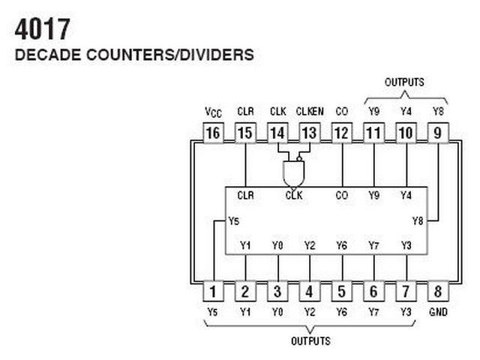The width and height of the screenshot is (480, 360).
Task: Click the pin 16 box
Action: coord(213,133)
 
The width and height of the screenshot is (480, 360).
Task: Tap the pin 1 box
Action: coord(213,291)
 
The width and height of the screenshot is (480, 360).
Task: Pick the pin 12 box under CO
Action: coord(342,133)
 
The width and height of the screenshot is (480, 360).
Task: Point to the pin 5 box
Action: coord(342,291)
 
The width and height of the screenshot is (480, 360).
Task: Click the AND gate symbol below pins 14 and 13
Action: coord(293,173)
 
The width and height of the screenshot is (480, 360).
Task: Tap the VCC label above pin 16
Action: coord(213,112)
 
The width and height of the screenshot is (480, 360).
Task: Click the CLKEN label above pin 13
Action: coord(310,112)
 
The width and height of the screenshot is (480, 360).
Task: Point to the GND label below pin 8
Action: coord(439,311)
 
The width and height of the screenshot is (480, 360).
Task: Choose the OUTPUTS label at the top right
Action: coord(404,82)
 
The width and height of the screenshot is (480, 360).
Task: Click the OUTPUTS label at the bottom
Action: coord(310,341)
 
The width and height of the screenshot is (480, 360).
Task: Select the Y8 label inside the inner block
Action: coord(418,220)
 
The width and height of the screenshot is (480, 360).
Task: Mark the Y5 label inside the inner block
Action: coord(234,221)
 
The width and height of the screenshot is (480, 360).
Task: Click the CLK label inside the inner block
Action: coord(293,196)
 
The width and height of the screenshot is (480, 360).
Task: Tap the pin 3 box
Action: coord(277,291)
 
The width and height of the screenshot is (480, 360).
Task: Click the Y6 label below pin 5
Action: coord(342,311)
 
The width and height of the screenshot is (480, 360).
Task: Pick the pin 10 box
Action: coord(406,133)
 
